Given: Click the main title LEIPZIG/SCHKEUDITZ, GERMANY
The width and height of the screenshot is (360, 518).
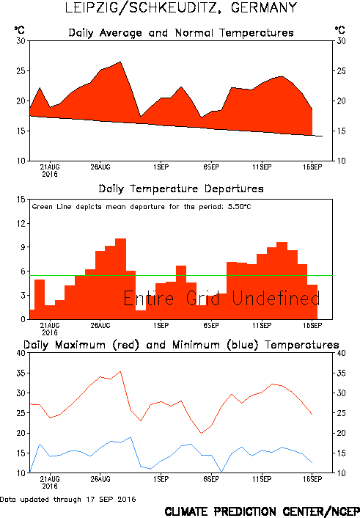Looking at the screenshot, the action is point(181,8).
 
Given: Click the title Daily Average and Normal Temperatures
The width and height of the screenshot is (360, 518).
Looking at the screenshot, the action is point(181,33).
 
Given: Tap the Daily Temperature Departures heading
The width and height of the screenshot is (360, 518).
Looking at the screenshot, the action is point(181,189).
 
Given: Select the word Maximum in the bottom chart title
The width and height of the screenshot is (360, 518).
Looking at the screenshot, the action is point(80,345).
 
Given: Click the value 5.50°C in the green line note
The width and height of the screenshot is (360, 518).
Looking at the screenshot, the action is point(240,207).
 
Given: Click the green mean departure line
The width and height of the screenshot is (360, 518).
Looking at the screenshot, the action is point(181,276).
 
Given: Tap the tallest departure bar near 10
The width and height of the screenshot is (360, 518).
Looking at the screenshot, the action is point(120,279).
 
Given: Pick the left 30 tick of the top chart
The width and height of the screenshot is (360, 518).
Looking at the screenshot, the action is point(21,41).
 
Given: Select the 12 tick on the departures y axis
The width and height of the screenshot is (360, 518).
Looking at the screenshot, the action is point(21,223).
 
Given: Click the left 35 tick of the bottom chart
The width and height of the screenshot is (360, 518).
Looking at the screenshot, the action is point(21,373).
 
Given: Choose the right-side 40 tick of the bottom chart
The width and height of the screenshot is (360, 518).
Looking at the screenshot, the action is point(341,353).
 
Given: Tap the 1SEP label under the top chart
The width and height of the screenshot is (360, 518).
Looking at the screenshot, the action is point(161,167).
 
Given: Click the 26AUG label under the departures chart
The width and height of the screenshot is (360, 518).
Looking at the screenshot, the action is point(100,326).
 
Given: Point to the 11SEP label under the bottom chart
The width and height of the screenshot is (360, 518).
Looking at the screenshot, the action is point(262,479).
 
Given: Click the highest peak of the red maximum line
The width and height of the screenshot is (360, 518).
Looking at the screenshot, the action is point(120,371).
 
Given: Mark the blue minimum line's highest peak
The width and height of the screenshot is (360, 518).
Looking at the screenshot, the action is point(131,437).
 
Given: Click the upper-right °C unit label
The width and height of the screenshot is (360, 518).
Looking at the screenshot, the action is point(340,30).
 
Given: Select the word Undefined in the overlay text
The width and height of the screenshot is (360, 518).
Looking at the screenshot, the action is point(276,299).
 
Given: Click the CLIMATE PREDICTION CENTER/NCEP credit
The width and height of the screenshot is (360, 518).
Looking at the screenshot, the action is point(262,511).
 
